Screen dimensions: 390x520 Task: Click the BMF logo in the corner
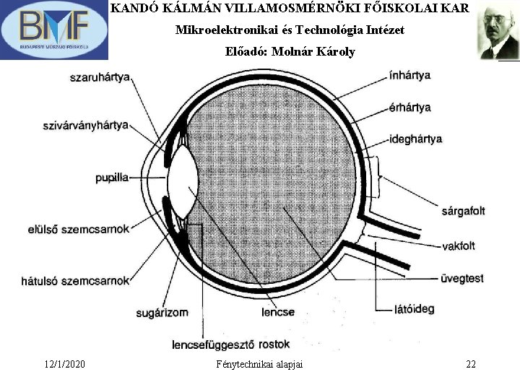(x=54, y=30)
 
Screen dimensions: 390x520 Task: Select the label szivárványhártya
(x=86, y=125)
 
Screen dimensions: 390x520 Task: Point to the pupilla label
(x=112, y=177)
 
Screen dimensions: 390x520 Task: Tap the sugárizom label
(x=162, y=313)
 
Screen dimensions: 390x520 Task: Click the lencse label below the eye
(x=278, y=313)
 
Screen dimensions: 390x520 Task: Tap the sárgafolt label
(x=462, y=211)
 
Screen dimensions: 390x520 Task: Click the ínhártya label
(x=409, y=75)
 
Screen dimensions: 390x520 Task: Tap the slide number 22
(x=471, y=364)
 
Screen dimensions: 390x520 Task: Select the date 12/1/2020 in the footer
(x=64, y=364)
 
